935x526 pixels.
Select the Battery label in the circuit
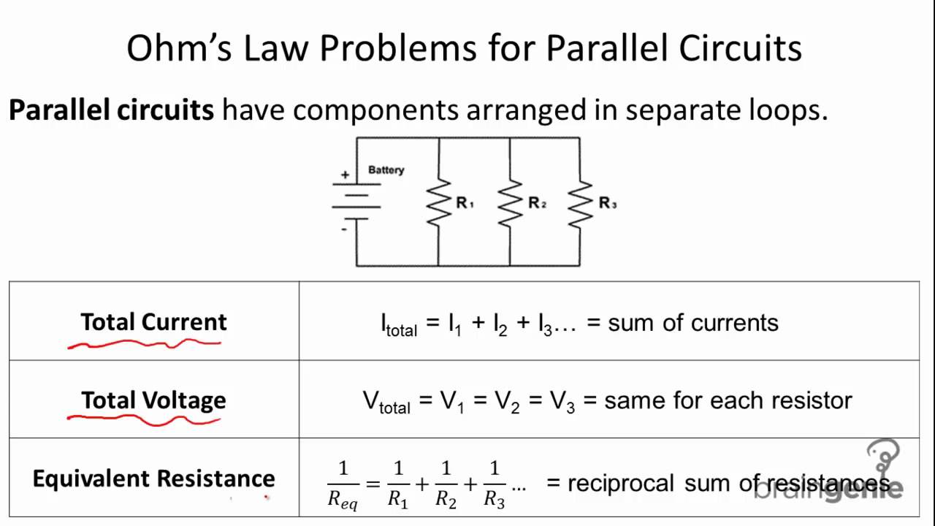click(386, 169)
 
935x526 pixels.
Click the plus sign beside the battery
click(344, 175)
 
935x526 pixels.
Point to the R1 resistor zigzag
click(438, 202)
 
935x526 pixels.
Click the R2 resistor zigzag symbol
click(510, 202)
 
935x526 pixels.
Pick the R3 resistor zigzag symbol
click(580, 202)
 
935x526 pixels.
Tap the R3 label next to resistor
click(608, 203)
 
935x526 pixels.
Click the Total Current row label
click(153, 322)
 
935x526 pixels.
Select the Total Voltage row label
click(153, 400)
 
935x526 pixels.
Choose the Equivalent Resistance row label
click(153, 479)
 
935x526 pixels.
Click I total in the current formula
click(399, 324)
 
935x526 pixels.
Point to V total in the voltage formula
click(386, 402)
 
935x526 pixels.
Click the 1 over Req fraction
click(343, 484)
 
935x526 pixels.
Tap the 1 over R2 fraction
click(446, 484)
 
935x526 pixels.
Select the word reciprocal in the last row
click(621, 483)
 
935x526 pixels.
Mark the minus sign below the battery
click(343, 229)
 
